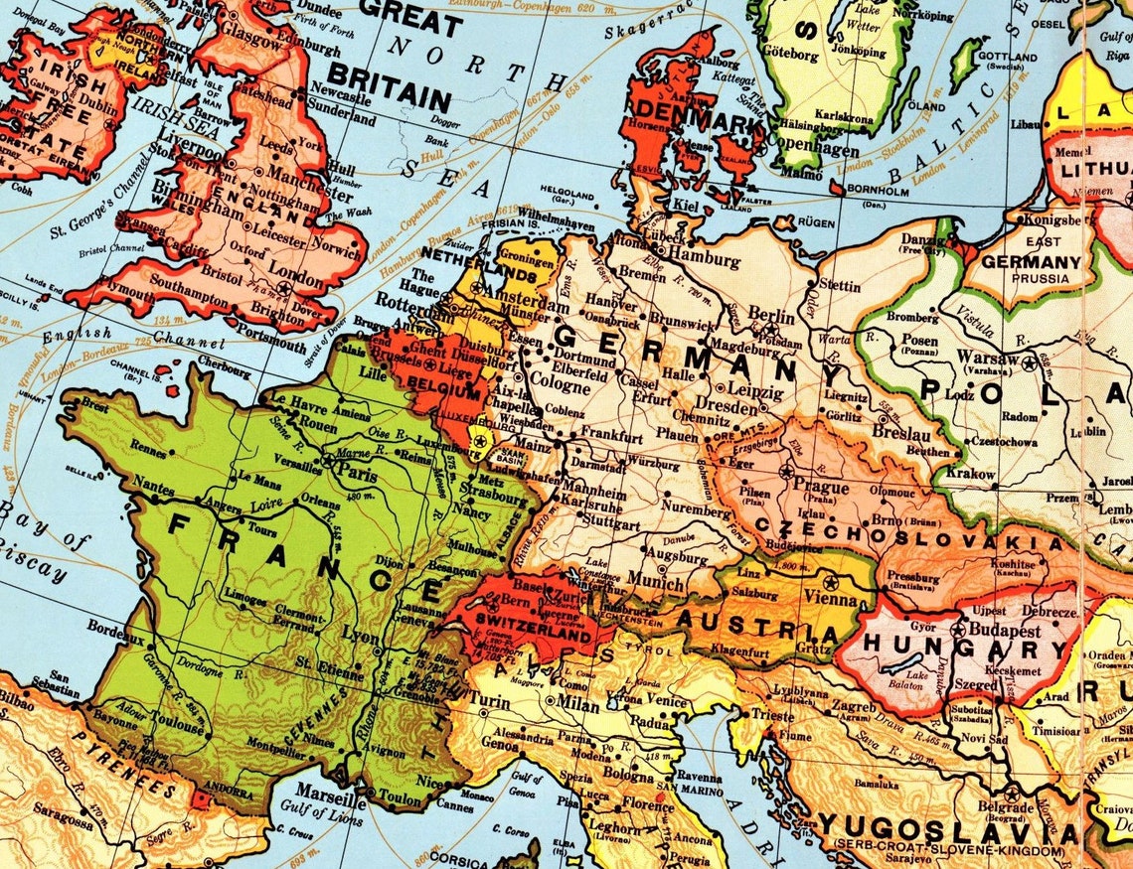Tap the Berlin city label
click(x=772, y=316)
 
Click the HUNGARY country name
click(x=939, y=644)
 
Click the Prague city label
click(x=821, y=488)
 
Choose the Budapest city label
click(x=1007, y=631)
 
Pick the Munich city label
click(x=656, y=579)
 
